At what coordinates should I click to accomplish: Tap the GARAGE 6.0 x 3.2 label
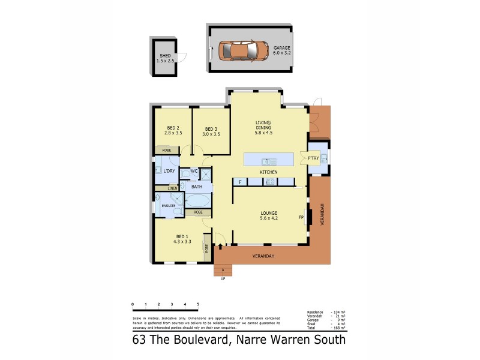coord(281,50)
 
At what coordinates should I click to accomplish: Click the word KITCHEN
coord(268,172)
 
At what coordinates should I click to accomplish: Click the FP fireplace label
coord(301,217)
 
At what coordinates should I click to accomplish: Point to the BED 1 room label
coord(182,239)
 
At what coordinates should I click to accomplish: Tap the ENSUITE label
coord(169,206)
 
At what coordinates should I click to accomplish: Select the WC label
coord(194,171)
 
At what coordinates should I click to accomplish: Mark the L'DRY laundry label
coord(169,172)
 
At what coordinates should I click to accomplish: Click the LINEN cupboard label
coord(173,188)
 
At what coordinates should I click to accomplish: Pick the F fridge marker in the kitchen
coord(240,182)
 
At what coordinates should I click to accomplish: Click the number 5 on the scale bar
coord(198,305)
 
